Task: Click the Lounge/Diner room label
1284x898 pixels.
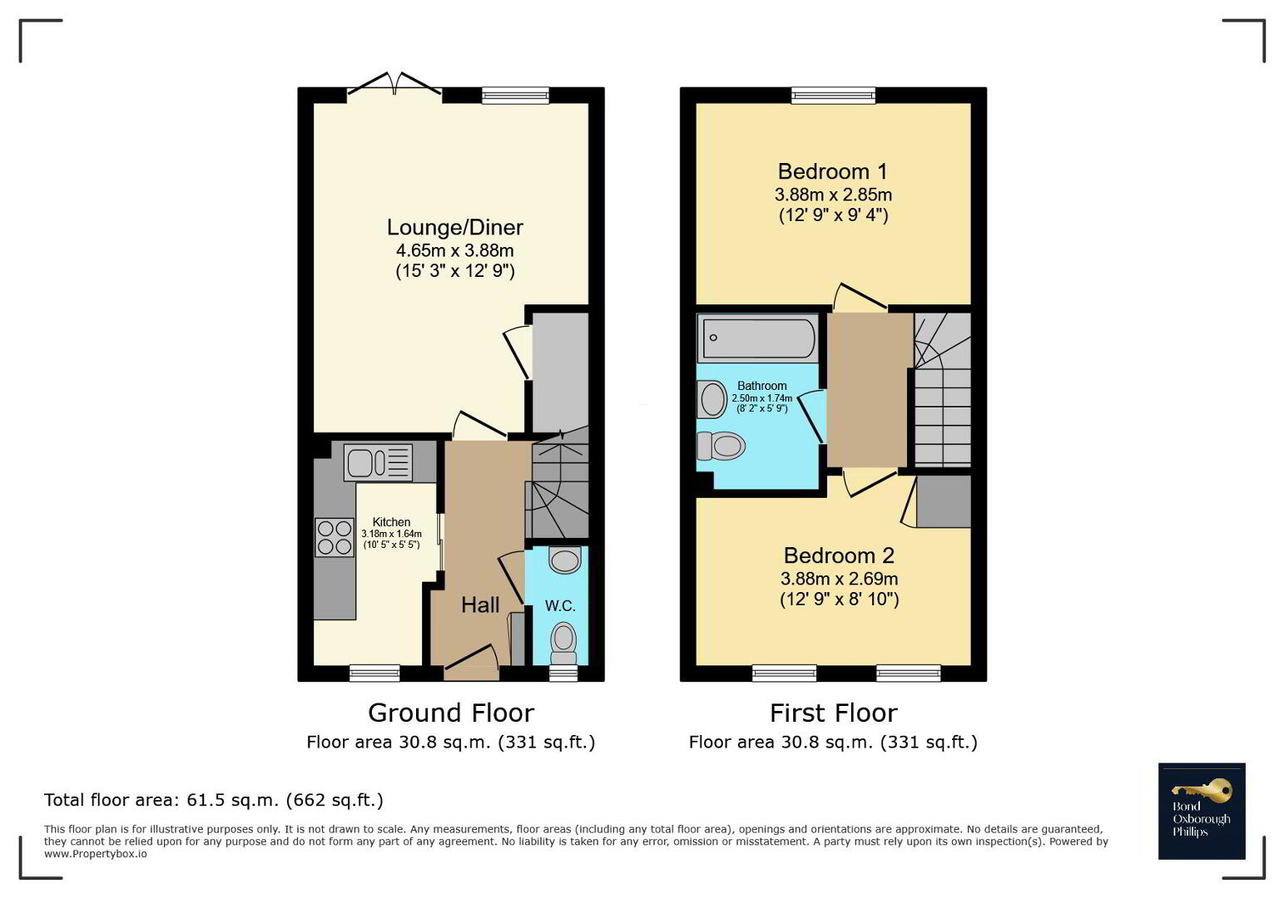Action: pyautogui.click(x=454, y=227)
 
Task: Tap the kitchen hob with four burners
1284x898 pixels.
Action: pyautogui.click(x=335, y=537)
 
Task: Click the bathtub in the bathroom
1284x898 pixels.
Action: pyautogui.click(x=758, y=338)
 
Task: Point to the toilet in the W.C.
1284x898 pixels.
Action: pyautogui.click(x=563, y=644)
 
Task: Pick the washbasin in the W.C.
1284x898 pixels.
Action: pyautogui.click(x=565, y=560)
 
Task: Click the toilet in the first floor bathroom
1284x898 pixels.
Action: pyautogui.click(x=721, y=446)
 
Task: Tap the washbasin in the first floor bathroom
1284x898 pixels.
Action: pyautogui.click(x=712, y=399)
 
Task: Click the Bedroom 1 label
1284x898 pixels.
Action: pyautogui.click(x=833, y=171)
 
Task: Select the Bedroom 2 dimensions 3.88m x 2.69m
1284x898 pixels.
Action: pyautogui.click(x=839, y=579)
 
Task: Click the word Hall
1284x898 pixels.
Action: pyautogui.click(x=480, y=604)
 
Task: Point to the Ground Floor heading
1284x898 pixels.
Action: pyautogui.click(x=451, y=713)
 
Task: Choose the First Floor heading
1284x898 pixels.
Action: pyautogui.click(x=834, y=713)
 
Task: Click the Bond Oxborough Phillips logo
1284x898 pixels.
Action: pyautogui.click(x=1202, y=811)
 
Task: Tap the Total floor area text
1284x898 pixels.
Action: pyautogui.click(x=214, y=800)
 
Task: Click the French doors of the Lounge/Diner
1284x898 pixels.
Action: pyautogui.click(x=394, y=86)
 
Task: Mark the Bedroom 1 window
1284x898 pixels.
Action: pyautogui.click(x=834, y=95)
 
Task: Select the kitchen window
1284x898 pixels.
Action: pyautogui.click(x=375, y=673)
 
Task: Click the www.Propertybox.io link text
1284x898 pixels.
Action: pyautogui.click(x=96, y=854)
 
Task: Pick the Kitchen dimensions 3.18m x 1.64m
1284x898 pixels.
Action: pyautogui.click(x=391, y=534)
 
